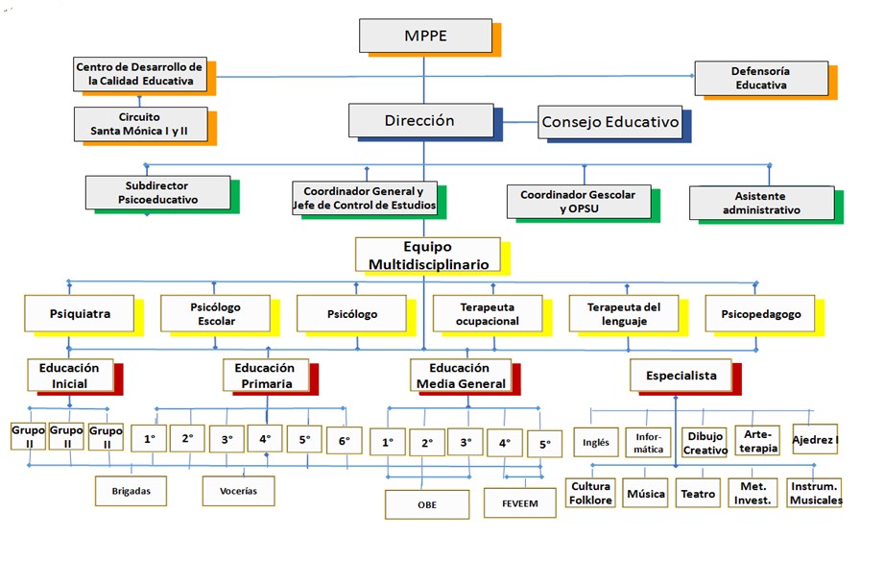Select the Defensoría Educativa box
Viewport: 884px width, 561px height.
[761, 78]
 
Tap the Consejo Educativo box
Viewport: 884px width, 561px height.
[610, 122]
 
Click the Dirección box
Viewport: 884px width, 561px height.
[419, 121]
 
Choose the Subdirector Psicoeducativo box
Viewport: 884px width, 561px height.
[157, 192]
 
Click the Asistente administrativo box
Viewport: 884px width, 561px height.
[761, 202]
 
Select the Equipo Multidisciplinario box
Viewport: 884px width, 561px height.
[427, 255]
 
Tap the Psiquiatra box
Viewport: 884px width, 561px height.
[80, 313]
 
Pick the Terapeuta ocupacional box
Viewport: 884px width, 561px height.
[490, 313]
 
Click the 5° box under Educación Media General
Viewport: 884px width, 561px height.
[545, 444]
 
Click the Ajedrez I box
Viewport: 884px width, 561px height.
[815, 438]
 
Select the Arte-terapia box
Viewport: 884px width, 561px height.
[757, 440]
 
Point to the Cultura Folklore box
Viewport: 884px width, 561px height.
[589, 493]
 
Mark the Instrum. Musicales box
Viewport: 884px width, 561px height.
[815, 493]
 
